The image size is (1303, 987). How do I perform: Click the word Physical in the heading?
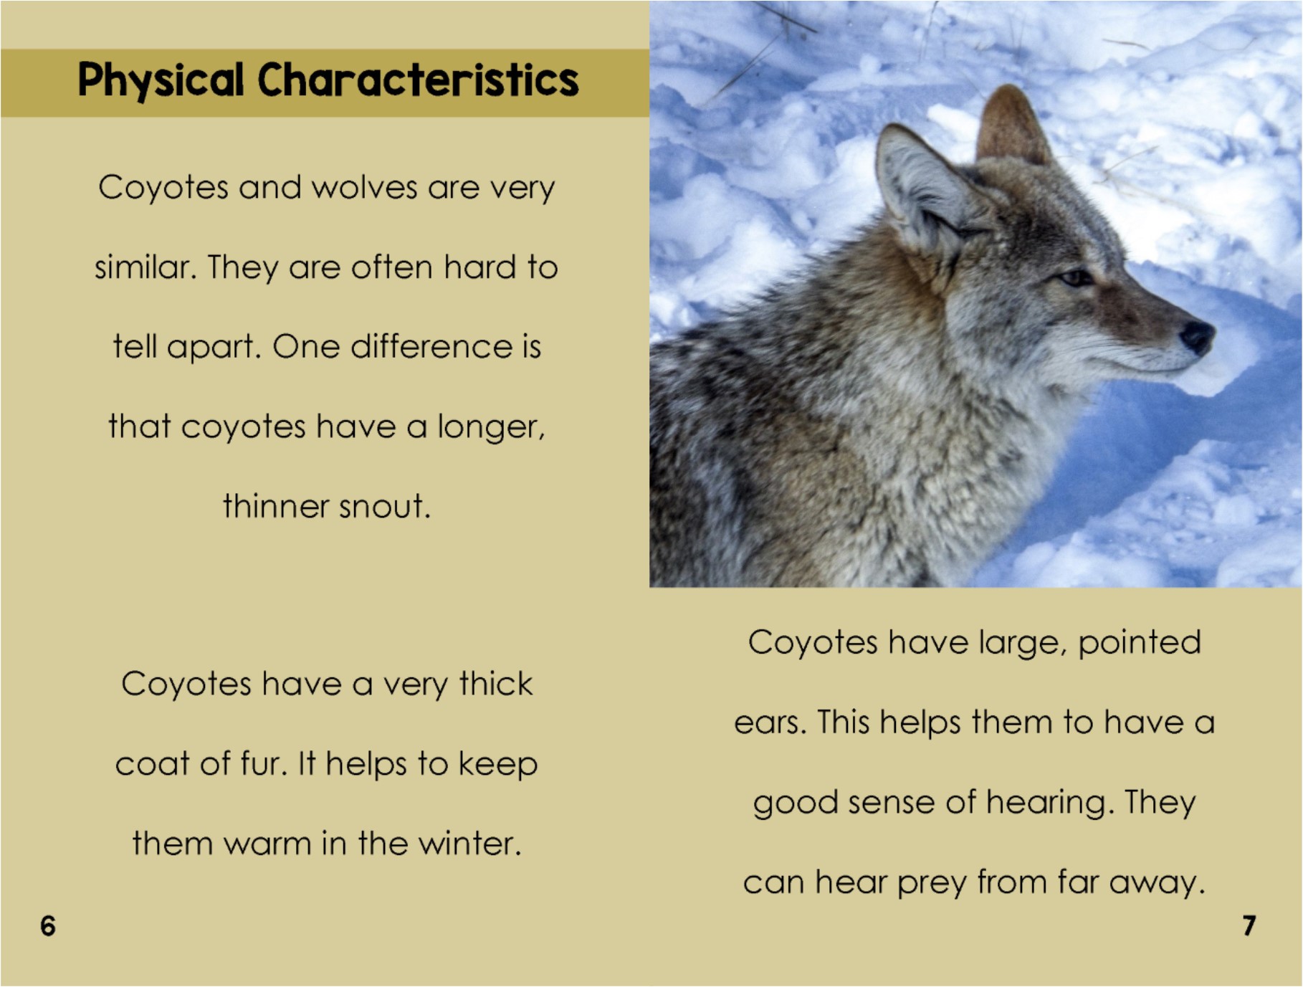pyautogui.click(x=161, y=80)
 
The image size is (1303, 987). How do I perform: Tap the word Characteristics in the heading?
pyautogui.click(x=418, y=80)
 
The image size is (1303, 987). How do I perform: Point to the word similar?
pyautogui.click(x=145, y=268)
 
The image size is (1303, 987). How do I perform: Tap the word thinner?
pyautogui.click(x=276, y=507)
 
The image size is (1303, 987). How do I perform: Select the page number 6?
pyautogui.click(x=48, y=926)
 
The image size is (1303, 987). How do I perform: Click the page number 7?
pyautogui.click(x=1249, y=926)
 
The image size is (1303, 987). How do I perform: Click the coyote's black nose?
pyautogui.click(x=1196, y=335)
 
